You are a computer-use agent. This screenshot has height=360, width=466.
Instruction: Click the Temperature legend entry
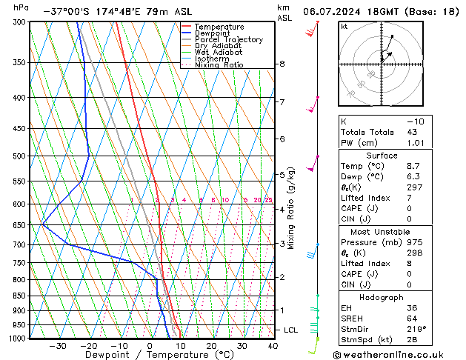click(219, 27)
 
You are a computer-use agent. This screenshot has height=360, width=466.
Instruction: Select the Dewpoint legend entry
click(214, 33)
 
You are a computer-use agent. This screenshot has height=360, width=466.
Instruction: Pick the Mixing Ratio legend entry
click(219, 65)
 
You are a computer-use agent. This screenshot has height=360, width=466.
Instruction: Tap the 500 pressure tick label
click(19, 156)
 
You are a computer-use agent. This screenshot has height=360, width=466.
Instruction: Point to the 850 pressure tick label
click(19, 296)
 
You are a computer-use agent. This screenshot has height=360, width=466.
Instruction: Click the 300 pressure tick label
click(19, 22)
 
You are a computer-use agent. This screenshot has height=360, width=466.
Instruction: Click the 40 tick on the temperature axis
click(273, 346)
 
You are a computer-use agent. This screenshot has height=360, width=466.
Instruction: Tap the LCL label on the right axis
click(292, 330)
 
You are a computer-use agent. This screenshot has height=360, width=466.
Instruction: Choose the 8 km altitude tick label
click(282, 64)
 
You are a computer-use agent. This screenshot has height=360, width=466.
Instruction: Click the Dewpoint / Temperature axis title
click(150, 356)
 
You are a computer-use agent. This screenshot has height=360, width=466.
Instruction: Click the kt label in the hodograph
click(344, 26)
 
